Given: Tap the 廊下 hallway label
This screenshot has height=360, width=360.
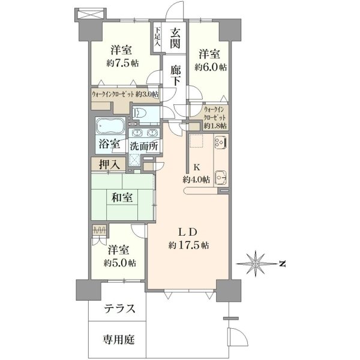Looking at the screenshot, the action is (x=175, y=75).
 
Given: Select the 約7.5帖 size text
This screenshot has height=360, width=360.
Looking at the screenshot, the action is (x=122, y=63).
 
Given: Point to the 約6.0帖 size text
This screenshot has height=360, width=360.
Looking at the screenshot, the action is (x=211, y=67).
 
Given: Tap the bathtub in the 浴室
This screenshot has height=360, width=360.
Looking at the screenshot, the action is (x=110, y=126).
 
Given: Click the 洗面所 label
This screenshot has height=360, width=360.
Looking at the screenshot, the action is (x=144, y=146).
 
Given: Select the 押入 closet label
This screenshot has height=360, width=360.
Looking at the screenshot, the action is (x=109, y=164).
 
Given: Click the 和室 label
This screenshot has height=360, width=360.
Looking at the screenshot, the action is (x=122, y=197).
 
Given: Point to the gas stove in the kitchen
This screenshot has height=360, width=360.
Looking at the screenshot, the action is (x=220, y=143).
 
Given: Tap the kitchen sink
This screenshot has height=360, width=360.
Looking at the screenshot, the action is (x=220, y=177).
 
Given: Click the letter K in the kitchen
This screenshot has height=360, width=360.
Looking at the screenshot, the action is (x=196, y=167).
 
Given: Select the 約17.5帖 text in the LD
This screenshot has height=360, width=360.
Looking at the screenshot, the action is (x=189, y=245).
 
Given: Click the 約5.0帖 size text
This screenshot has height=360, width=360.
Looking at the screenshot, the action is (x=119, y=263).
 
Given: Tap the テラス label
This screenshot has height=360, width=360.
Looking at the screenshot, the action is (x=119, y=308).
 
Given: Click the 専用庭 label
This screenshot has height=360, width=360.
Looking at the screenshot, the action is (x=118, y=339).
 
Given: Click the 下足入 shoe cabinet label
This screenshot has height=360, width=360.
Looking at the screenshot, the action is (x=157, y=37).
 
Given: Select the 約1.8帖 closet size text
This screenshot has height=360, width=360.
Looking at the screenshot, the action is (x=215, y=125).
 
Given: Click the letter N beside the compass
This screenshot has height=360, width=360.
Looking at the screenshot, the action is (x=283, y=264).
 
